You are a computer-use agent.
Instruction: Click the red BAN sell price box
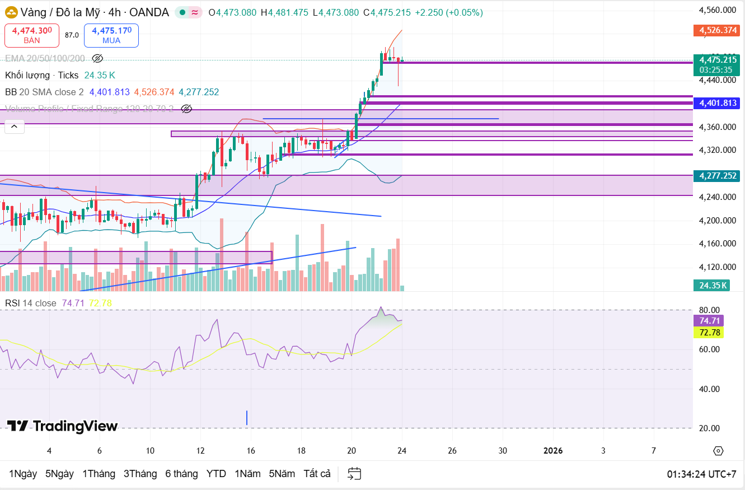[x=32, y=35]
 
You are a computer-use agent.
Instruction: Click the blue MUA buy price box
[x=111, y=35]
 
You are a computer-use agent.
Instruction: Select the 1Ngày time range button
[x=23, y=474]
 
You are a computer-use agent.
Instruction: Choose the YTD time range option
[x=216, y=474]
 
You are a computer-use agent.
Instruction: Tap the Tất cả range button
[x=317, y=474]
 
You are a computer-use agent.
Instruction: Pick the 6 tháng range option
[x=181, y=474]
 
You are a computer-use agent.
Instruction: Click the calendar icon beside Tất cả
[x=354, y=474]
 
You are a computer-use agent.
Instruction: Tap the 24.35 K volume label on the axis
[x=713, y=286]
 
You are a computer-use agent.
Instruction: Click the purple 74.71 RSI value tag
[x=708, y=321]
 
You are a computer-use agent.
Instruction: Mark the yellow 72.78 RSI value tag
[x=708, y=333]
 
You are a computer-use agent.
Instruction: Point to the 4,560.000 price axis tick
[x=717, y=10]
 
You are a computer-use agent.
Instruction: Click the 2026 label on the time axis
[x=553, y=451]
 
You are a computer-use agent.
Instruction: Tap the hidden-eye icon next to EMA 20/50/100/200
[x=97, y=58]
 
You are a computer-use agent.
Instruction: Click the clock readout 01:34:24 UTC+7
[x=701, y=474]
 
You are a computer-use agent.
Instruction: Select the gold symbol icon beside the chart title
[x=11, y=12]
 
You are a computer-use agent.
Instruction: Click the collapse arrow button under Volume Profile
[x=15, y=127]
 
